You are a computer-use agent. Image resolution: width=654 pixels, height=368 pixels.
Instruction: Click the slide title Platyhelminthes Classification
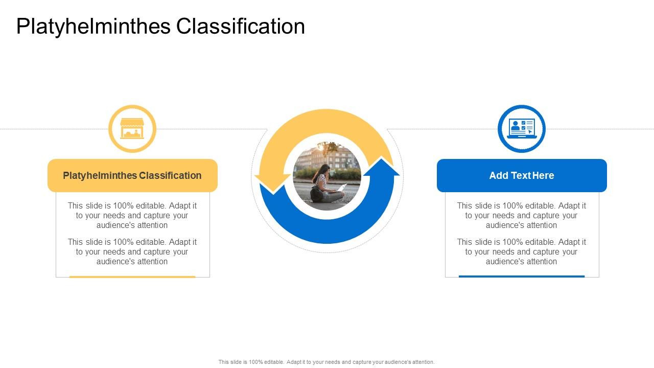point(160,27)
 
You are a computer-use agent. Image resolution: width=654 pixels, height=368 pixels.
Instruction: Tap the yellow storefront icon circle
point(132,129)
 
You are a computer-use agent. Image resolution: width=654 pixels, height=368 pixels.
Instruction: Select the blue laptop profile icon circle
point(521,129)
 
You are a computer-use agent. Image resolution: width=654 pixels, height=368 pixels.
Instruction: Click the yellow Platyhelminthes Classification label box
point(132,175)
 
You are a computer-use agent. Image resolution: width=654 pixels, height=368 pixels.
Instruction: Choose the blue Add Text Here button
point(522,175)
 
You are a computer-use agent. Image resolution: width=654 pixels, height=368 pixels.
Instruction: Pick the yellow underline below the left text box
point(132,277)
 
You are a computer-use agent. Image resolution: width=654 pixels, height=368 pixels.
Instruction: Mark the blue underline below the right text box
point(522,277)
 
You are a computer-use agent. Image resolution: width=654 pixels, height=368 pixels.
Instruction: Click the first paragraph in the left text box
point(132,215)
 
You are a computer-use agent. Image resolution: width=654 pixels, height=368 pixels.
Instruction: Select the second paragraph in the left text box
point(132,251)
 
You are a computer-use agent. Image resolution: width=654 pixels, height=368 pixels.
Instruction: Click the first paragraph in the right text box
point(522,215)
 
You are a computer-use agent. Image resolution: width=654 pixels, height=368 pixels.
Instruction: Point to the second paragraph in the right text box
point(522,251)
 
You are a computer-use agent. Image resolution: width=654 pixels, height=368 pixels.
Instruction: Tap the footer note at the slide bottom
point(326,362)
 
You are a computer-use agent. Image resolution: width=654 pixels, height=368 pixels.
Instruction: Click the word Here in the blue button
point(543,175)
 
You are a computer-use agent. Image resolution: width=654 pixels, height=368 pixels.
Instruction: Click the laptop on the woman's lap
point(340,188)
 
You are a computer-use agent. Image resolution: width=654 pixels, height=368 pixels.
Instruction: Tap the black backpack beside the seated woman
point(316,194)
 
